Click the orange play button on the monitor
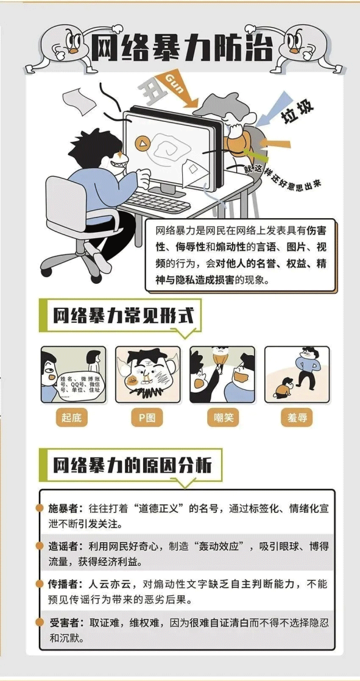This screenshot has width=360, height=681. click(142, 144)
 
